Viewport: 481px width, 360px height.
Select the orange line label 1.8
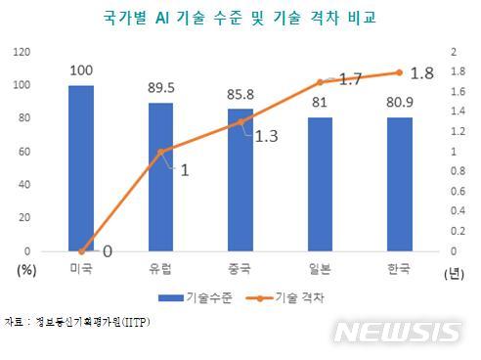click(x=422, y=71)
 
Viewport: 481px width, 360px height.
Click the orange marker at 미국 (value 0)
click(x=82, y=251)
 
